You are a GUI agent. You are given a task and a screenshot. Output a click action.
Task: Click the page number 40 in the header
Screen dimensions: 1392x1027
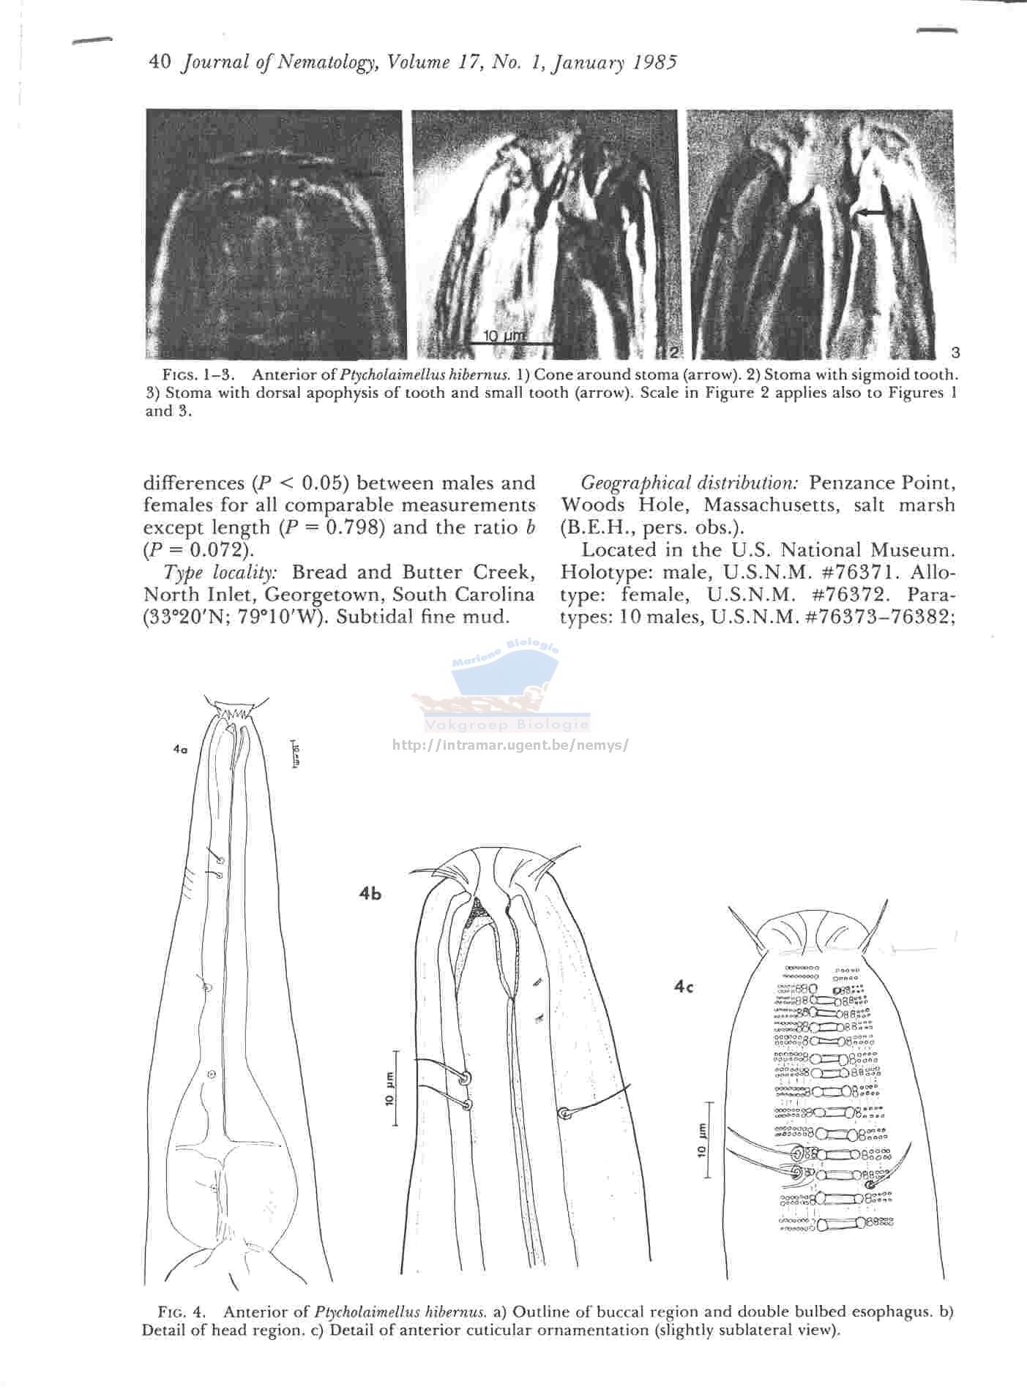click(159, 63)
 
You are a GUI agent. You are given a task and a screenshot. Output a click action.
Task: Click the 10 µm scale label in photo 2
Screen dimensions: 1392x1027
click(505, 336)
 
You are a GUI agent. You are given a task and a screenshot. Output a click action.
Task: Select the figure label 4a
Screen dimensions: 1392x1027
click(181, 749)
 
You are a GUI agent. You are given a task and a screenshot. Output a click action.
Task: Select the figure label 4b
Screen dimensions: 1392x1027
click(370, 893)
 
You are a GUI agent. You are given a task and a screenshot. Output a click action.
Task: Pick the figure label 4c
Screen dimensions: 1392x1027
click(683, 987)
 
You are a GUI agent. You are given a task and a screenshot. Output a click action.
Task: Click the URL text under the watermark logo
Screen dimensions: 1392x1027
click(510, 745)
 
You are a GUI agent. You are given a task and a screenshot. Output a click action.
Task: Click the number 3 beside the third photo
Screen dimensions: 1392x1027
click(955, 353)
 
